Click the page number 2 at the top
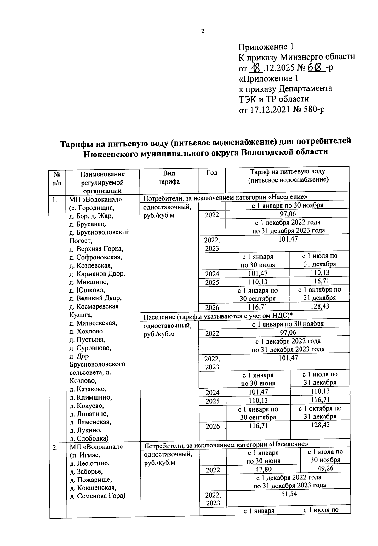click(203, 31)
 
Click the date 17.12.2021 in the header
click(273, 110)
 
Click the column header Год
click(212, 173)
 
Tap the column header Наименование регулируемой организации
click(102, 182)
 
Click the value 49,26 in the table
click(325, 468)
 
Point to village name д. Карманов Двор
click(97, 274)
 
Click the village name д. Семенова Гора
click(97, 496)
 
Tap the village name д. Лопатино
click(89, 414)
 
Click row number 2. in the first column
click(55, 447)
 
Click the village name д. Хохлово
click(87, 331)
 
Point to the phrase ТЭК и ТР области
click(273, 99)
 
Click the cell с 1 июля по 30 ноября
click(325, 456)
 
